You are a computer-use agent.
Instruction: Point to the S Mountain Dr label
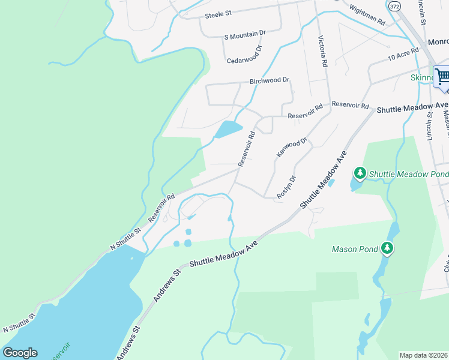point(244,35)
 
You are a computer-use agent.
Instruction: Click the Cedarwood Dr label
point(244,56)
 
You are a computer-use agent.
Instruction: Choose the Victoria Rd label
point(323,51)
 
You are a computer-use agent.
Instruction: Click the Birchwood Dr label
point(270,80)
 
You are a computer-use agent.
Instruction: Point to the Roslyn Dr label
point(286,187)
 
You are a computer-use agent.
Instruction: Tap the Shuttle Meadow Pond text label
point(408,174)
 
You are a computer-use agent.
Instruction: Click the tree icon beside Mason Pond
point(387,248)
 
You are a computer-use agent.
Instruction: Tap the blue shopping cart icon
point(442,76)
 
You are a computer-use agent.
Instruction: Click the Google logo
point(20,353)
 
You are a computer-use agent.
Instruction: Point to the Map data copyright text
point(424,355)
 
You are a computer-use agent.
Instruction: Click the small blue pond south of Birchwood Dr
point(229,129)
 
